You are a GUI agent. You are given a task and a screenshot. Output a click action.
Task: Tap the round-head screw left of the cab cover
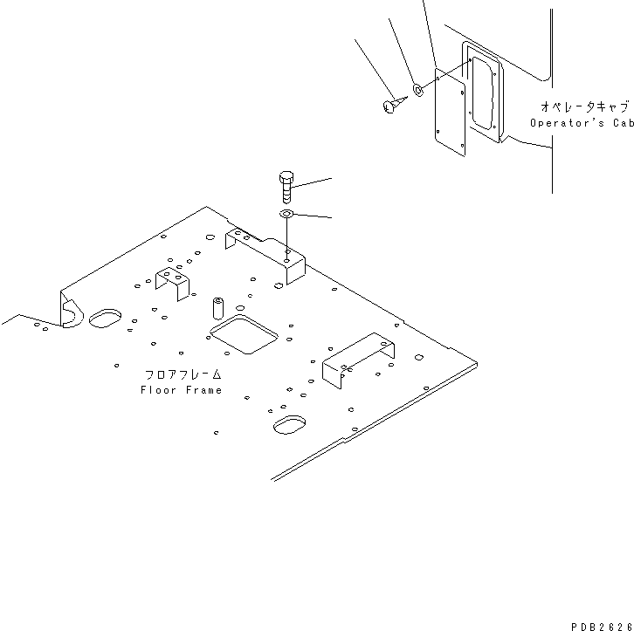point(390,106)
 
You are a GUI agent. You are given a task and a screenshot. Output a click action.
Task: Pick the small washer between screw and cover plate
point(418,89)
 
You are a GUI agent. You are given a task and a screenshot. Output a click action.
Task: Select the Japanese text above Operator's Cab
point(584,106)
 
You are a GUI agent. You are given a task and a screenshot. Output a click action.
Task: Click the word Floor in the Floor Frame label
point(158,389)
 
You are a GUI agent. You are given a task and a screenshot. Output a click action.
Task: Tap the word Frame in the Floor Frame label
point(203,389)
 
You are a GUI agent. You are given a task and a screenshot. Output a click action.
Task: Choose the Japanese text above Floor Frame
point(183,374)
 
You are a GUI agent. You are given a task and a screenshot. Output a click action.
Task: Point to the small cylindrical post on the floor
point(217,309)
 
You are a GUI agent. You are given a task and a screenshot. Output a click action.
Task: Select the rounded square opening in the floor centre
point(244,334)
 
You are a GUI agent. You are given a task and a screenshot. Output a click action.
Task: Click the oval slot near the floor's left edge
point(107,318)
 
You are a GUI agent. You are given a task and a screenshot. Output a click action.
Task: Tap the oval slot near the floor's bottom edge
point(289,425)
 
